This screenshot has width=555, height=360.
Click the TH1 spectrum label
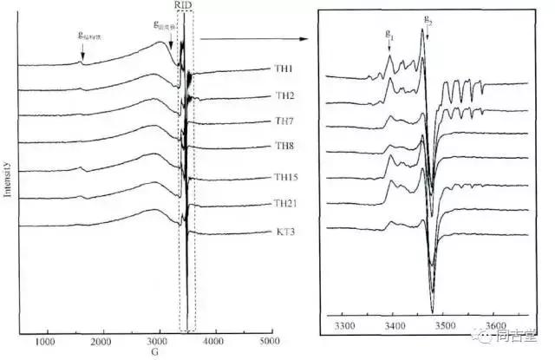pyautogui.click(x=285, y=69)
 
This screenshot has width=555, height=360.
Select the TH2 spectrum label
pyautogui.click(x=285, y=95)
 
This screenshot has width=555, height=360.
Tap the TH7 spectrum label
pyautogui.click(x=285, y=121)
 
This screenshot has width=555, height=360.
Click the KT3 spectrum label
pyautogui.click(x=285, y=232)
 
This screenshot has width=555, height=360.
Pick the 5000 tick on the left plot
pyautogui.click(x=271, y=341)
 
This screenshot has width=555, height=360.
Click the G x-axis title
pyautogui.click(x=154, y=352)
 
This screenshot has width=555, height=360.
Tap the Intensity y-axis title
pyautogui.click(x=8, y=178)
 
